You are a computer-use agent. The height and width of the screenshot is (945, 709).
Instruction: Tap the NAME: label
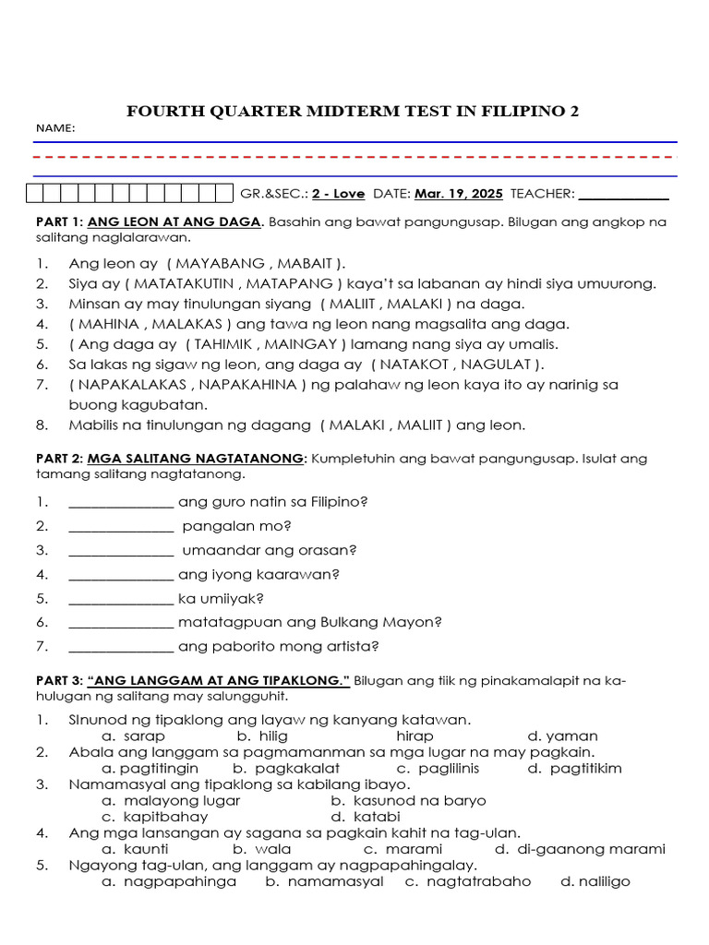coord(55,128)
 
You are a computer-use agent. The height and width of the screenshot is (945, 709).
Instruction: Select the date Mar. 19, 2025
coord(459,194)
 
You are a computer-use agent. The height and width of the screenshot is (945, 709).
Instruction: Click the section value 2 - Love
coord(338,194)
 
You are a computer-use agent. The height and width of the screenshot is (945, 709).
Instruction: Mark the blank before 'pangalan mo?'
coord(121,526)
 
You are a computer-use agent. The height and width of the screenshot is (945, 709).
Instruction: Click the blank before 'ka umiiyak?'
coord(121,598)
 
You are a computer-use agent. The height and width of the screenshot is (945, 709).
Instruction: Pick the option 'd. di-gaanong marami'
coord(580,849)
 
